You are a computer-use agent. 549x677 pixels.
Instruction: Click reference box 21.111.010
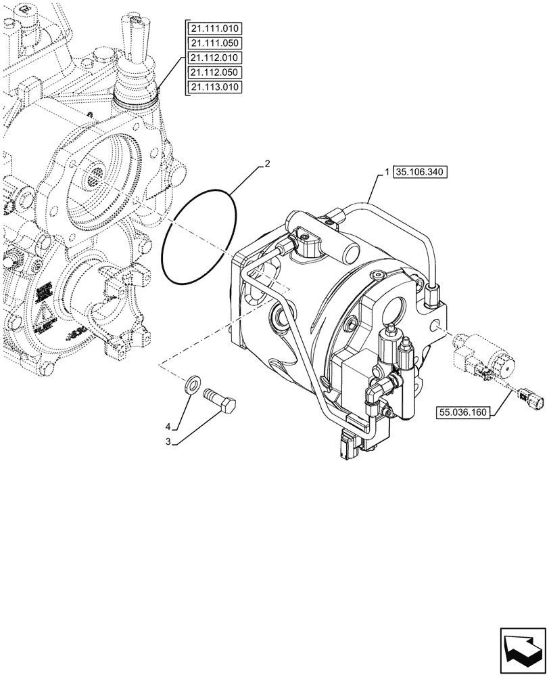point(215,28)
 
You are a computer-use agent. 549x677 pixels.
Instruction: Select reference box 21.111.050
point(215,43)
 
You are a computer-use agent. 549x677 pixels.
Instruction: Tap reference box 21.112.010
point(215,58)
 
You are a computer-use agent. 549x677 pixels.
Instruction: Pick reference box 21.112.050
point(215,72)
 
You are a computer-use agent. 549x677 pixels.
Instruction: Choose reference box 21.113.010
point(215,87)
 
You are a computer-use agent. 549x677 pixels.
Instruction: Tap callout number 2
point(267,164)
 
